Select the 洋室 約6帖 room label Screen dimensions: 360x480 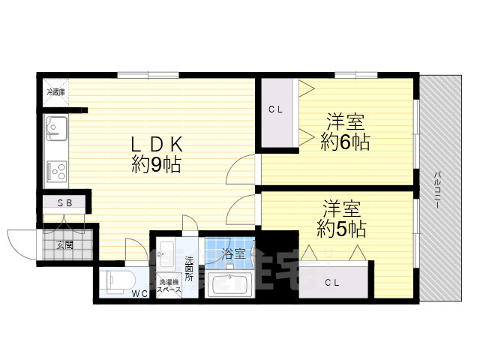coord(345,131)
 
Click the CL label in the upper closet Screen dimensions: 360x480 coord(276,109)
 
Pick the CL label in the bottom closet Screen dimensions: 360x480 coord(333,282)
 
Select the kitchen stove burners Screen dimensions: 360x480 coord(57,172)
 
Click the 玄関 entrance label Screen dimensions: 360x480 coord(64,244)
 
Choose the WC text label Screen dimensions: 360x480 coord(140,293)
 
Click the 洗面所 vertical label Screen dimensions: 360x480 coord(190,268)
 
